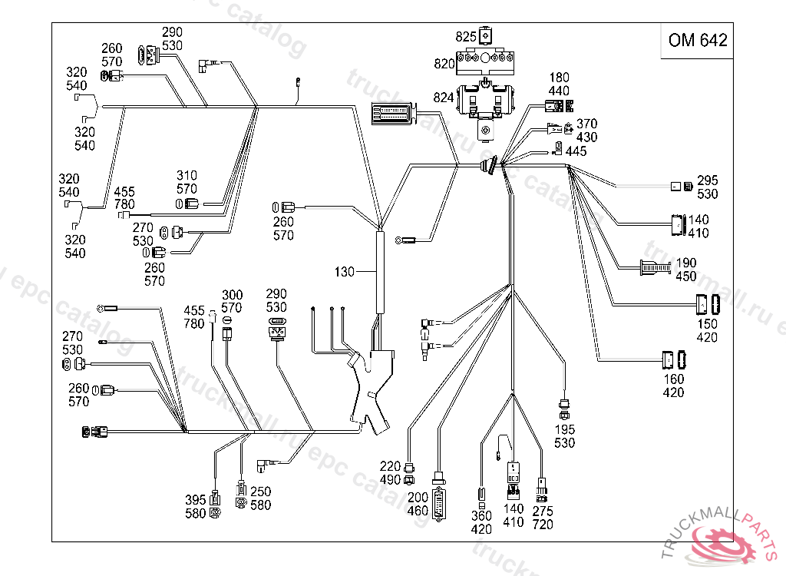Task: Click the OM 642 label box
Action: pos(697,41)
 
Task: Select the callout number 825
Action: pos(466,37)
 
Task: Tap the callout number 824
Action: pos(444,98)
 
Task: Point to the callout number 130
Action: pos(345,272)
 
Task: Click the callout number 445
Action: pos(576,151)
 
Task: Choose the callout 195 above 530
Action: pos(564,430)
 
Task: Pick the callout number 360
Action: pos(481,516)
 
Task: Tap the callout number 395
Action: pos(196,500)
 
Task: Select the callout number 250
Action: pos(260,492)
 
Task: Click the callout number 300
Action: pos(232,296)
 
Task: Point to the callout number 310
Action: pos(187,175)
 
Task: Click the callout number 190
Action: pos(686,263)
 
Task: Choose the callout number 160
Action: pos(673,379)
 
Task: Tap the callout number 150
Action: pos(707,324)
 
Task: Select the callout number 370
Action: pos(586,124)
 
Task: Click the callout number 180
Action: pos(559,78)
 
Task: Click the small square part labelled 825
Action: pos(485,36)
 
